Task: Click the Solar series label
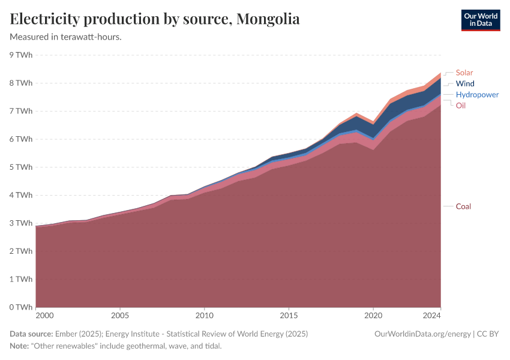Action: [464, 73]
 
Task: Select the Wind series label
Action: [464, 83]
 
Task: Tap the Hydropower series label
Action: [476, 95]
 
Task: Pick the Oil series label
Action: [460, 106]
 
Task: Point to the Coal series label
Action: [463, 206]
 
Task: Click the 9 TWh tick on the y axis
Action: [20, 55]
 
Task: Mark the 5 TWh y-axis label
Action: [20, 167]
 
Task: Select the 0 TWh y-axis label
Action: [20, 307]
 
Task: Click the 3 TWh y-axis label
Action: [20, 223]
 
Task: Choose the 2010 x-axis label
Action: [205, 315]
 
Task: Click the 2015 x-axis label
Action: [289, 315]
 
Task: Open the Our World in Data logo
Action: [480, 20]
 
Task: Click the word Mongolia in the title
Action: [268, 19]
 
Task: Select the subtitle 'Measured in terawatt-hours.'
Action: [66, 37]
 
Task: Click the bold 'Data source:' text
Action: [31, 334]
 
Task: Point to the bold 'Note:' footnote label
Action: [21, 346]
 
